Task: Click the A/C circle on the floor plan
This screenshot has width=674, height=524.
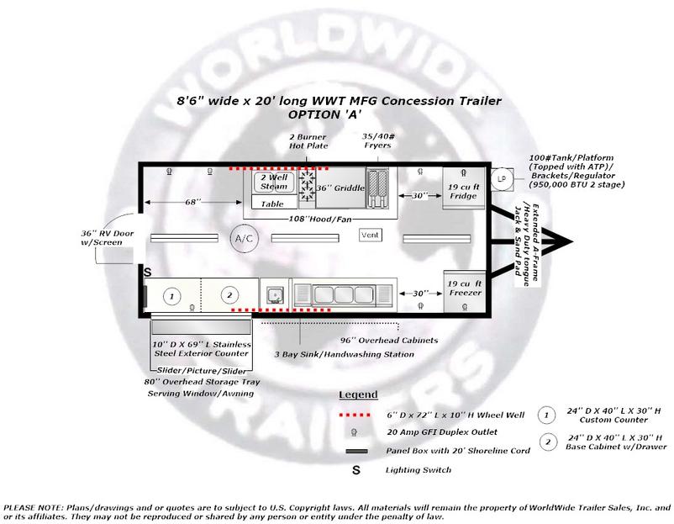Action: (245, 238)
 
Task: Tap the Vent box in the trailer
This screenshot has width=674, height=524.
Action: (370, 235)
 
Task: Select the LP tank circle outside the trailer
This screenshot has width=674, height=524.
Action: (502, 178)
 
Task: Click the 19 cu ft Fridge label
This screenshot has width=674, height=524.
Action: (463, 192)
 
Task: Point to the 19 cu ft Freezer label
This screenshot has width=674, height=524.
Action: (464, 288)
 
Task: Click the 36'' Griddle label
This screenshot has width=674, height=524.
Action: (340, 188)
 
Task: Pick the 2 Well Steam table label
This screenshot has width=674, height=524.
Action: (274, 182)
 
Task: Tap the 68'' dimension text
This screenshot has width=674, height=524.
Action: (193, 202)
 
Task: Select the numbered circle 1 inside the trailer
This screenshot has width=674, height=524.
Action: (172, 296)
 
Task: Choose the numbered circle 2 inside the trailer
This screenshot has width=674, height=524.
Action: (229, 295)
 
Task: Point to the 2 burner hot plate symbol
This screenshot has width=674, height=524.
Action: (307, 185)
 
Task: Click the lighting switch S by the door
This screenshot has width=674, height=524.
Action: (147, 273)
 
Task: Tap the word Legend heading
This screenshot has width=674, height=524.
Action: (358, 394)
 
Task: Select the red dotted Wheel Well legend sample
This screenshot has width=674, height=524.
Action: (355, 415)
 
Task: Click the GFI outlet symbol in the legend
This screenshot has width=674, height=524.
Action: (354, 432)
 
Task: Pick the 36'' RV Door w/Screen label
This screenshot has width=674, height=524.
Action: (107, 238)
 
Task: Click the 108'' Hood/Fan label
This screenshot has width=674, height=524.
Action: (320, 220)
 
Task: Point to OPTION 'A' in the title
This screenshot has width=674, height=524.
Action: (325, 114)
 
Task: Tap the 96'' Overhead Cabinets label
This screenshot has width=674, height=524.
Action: (389, 341)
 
